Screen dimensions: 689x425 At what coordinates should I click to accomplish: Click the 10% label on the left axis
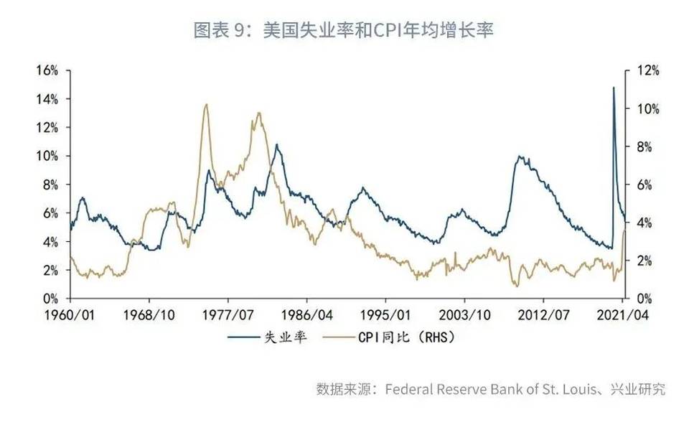click(x=47, y=156)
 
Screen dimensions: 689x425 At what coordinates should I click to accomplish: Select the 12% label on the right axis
click(x=648, y=70)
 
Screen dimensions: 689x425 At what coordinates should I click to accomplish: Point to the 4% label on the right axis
click(x=645, y=223)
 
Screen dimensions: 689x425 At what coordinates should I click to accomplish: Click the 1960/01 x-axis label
click(x=70, y=315)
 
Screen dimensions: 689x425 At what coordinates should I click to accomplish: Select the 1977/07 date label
click(x=228, y=315)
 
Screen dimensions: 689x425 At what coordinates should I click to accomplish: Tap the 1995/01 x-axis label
click(x=385, y=315)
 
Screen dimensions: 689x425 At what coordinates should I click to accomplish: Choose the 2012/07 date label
click(x=543, y=315)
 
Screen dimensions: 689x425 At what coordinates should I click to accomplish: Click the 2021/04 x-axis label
click(x=622, y=315)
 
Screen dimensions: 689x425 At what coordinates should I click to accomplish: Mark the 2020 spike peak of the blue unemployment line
click(x=614, y=88)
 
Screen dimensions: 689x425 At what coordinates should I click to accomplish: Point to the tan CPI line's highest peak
click(x=206, y=105)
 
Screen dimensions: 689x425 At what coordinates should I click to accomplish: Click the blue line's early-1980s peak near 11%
click(x=276, y=144)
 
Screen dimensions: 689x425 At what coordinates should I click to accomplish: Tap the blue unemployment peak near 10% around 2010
click(x=520, y=156)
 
